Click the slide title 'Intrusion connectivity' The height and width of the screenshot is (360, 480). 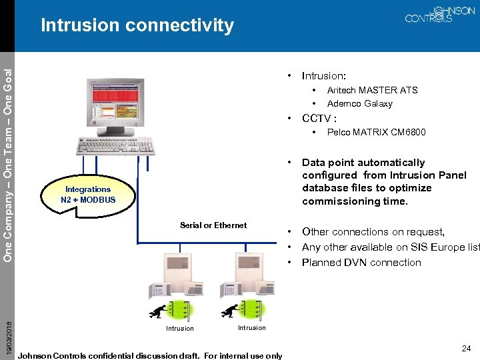(137, 25)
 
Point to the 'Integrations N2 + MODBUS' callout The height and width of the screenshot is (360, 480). (87, 194)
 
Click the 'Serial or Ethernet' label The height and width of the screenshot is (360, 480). (213, 225)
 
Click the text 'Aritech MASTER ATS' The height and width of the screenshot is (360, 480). (372, 90)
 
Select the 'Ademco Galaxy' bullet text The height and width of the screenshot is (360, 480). (359, 103)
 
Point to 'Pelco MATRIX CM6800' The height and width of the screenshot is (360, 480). (376, 132)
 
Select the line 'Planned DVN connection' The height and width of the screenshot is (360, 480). (361, 262)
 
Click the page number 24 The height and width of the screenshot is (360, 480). (465, 348)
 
